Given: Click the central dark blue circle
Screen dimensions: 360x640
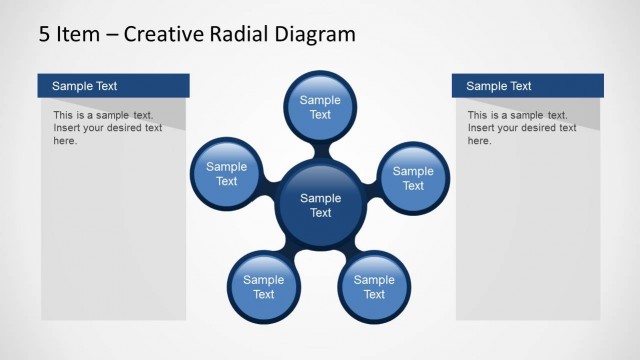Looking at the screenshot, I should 320,205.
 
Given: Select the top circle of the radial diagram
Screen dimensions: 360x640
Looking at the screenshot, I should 320,107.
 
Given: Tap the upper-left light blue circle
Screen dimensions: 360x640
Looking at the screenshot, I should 227,174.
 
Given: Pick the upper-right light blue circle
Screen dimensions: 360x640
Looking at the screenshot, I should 413,178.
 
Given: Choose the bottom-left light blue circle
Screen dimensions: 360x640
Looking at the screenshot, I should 263,287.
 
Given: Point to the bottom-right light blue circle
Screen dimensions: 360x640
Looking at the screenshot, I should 374,287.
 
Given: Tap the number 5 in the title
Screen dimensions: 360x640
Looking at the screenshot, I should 45,35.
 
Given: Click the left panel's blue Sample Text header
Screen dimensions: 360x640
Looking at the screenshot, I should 113,86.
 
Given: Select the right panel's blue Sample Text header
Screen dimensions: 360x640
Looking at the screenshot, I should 527,86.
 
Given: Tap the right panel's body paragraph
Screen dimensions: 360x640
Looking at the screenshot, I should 522,128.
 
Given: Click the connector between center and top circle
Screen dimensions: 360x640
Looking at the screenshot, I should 320,152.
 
